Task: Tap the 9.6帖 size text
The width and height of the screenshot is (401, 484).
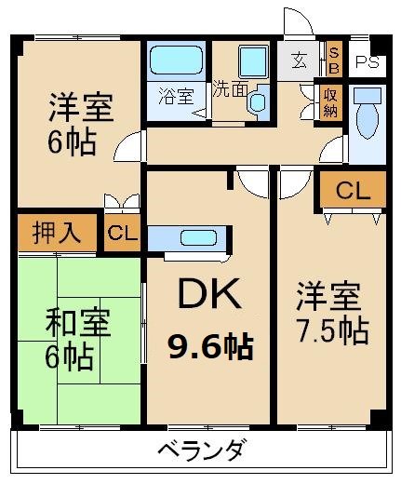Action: (209, 347)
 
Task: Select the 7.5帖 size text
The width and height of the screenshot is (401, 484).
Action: (332, 329)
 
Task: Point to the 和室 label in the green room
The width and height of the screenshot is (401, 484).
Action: (79, 325)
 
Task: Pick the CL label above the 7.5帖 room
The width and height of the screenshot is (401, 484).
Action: (353, 192)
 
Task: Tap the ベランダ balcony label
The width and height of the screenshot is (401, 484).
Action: (201, 452)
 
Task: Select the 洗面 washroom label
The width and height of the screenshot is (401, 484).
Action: (229, 90)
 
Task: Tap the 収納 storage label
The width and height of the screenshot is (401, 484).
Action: (331, 98)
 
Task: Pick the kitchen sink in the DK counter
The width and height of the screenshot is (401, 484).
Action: (195, 236)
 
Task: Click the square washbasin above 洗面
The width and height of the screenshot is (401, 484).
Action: (252, 61)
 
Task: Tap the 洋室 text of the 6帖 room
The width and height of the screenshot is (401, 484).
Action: (82, 109)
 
